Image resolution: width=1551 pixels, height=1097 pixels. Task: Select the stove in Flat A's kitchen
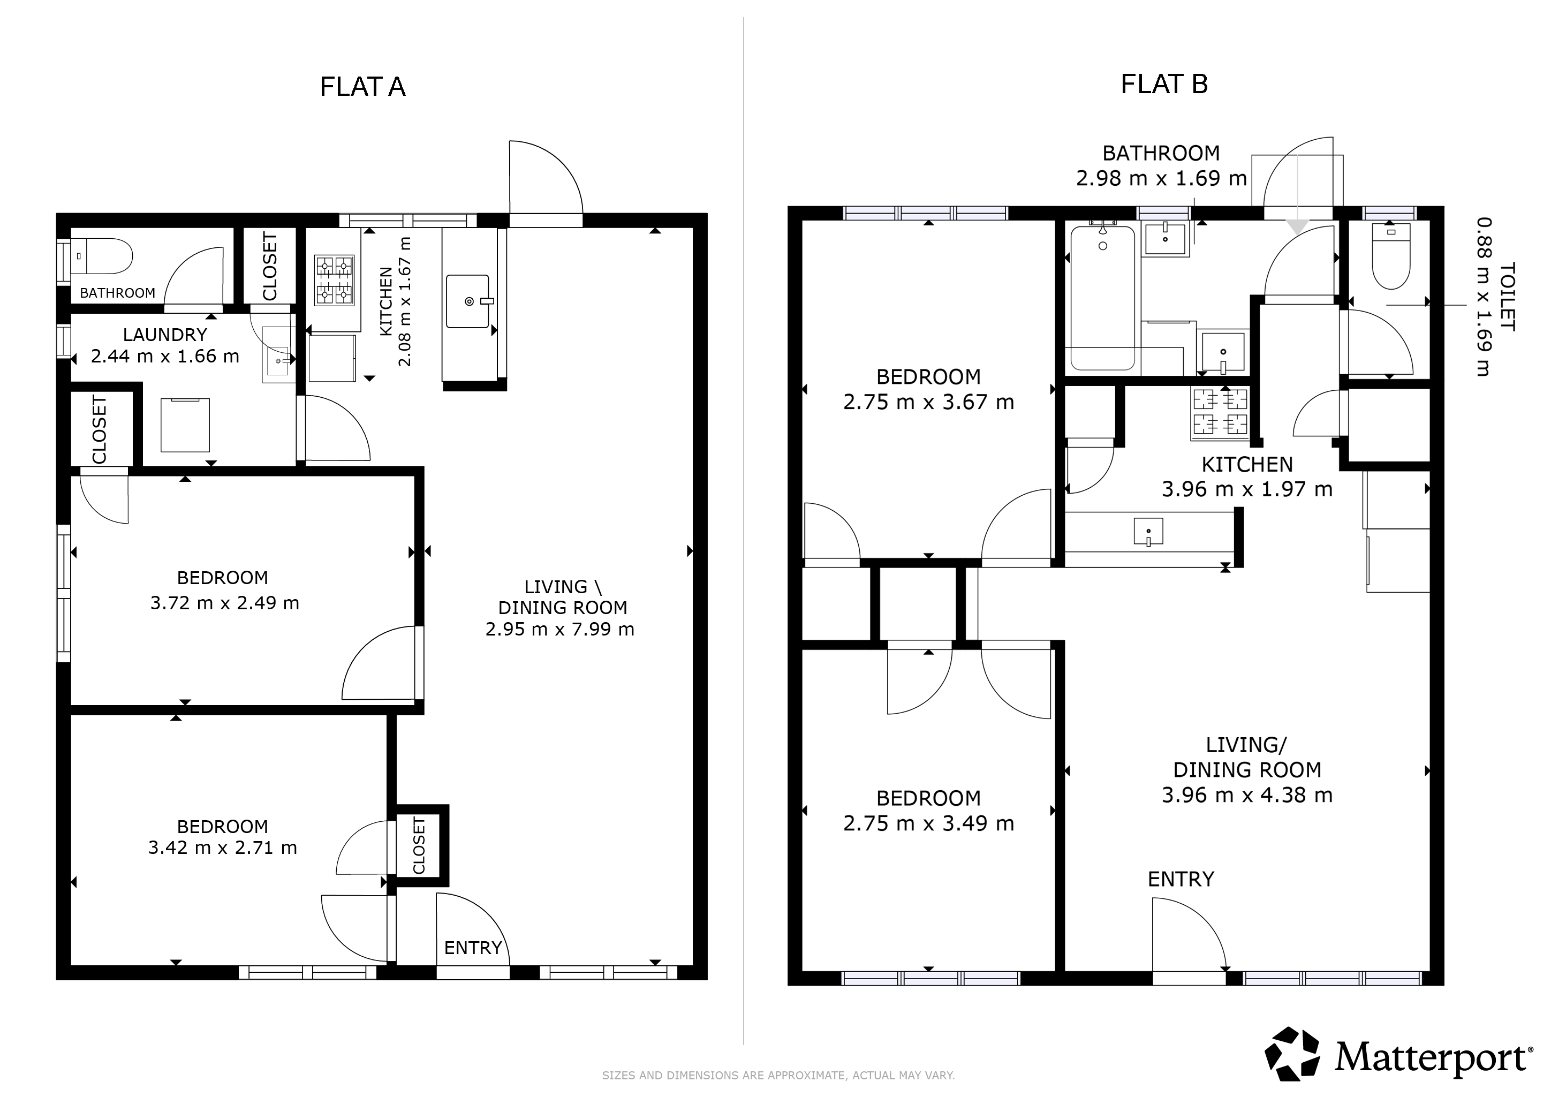335,279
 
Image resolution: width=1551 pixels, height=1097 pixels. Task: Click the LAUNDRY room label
165,335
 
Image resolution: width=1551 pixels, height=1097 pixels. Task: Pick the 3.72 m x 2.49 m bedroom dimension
224,602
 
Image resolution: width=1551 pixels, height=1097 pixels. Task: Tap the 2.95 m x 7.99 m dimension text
560,630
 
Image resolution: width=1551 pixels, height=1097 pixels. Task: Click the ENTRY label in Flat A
473,948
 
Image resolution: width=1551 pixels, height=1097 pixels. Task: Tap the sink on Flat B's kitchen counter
1148,532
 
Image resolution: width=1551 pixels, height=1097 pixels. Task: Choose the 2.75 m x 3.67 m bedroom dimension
929,403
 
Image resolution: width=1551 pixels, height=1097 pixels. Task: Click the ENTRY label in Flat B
1181,879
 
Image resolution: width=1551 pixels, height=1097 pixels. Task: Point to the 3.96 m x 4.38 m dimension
1247,795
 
